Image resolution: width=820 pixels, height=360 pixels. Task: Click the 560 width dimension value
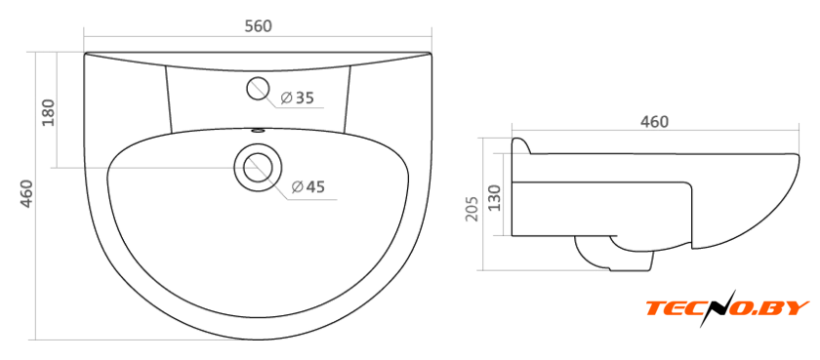click(x=259, y=26)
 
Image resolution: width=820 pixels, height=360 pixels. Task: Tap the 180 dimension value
click(x=48, y=113)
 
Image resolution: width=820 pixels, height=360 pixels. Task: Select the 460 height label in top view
click(x=26, y=194)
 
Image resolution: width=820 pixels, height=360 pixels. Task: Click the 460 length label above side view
click(x=655, y=122)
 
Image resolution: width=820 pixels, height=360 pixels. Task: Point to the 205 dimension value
click(x=471, y=209)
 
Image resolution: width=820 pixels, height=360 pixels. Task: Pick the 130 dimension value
click(x=494, y=197)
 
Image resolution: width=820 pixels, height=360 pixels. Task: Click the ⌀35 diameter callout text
click(x=297, y=98)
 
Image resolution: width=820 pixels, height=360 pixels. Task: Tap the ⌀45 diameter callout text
click(x=308, y=186)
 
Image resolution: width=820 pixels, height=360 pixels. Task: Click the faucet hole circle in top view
click(x=258, y=89)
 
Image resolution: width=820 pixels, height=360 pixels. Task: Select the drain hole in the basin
click(x=258, y=167)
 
